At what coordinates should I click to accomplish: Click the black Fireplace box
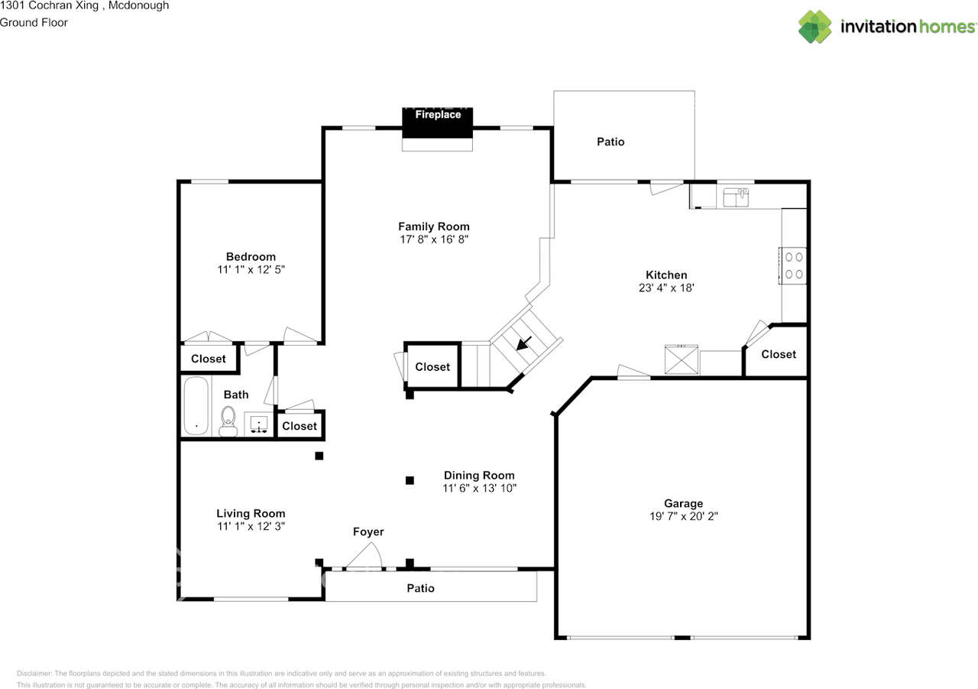pyautogui.click(x=438, y=123)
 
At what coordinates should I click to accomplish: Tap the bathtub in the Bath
pyautogui.click(x=196, y=406)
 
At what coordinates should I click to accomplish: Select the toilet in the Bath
pyautogui.click(x=228, y=421)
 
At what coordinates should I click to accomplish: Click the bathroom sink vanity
pyautogui.click(x=258, y=424)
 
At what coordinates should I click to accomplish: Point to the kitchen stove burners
pyautogui.click(x=794, y=265)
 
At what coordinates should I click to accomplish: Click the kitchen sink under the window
pyautogui.click(x=737, y=197)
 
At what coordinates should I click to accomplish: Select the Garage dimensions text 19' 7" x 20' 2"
pyautogui.click(x=683, y=516)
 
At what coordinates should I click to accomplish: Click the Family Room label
pyautogui.click(x=433, y=226)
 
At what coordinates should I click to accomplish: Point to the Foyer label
pyautogui.click(x=368, y=531)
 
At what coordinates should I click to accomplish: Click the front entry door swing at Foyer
pyautogui.click(x=364, y=556)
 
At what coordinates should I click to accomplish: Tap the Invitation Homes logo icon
pyautogui.click(x=815, y=27)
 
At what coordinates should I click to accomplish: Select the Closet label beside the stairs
pyautogui.click(x=432, y=367)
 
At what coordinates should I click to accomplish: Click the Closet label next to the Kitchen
pyautogui.click(x=778, y=354)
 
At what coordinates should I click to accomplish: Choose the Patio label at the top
pyautogui.click(x=610, y=141)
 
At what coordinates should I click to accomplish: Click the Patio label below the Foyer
pyautogui.click(x=420, y=588)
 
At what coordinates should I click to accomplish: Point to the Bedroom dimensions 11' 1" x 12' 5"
pyautogui.click(x=251, y=270)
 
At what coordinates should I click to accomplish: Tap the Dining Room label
pyautogui.click(x=479, y=475)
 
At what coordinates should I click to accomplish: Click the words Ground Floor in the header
pyautogui.click(x=34, y=22)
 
